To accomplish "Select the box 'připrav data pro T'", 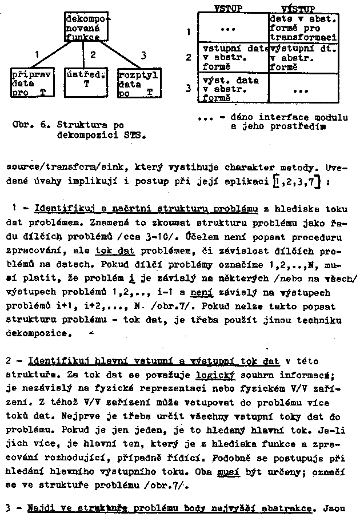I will click(x=31, y=83).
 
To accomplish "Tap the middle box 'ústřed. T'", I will click(x=86, y=78).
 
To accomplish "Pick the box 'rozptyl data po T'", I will click(x=138, y=83).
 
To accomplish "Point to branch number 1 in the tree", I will click(x=37, y=54).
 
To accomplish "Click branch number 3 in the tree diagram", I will click(x=143, y=54).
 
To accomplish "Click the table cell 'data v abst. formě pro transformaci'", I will click(x=303, y=27).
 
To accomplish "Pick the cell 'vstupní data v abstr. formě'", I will click(x=233, y=57).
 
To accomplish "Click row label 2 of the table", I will click(x=189, y=57).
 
